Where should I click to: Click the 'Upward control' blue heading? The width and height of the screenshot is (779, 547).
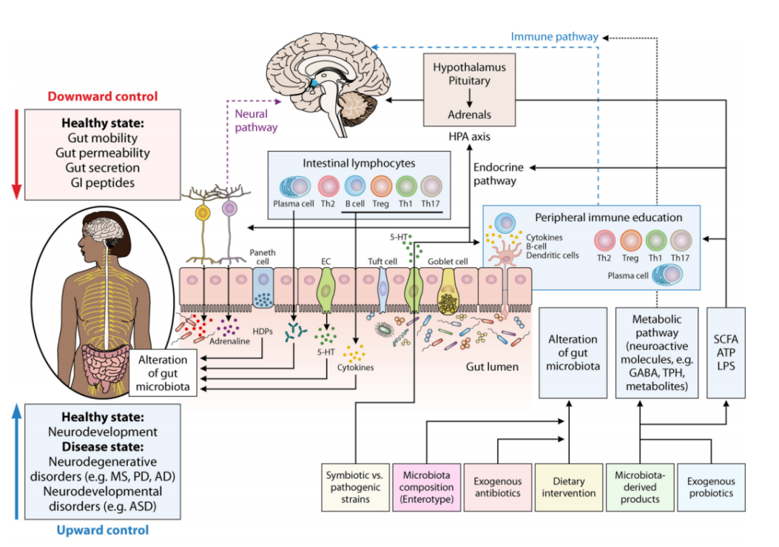click(x=102, y=530)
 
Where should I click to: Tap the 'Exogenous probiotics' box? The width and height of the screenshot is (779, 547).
click(x=710, y=487)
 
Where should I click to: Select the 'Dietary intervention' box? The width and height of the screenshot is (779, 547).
click(x=569, y=487)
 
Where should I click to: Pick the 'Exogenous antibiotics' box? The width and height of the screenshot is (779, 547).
click(x=498, y=487)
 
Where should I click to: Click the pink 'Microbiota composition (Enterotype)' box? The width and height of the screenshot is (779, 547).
click(x=428, y=487)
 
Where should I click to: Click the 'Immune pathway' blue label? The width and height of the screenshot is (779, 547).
click(x=554, y=36)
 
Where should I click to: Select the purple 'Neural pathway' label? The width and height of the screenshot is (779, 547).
click(x=252, y=121)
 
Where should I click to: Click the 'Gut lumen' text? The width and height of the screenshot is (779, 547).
click(x=492, y=367)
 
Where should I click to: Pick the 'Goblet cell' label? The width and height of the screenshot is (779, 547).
click(x=448, y=261)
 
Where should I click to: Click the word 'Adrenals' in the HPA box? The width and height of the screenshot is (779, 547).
click(x=470, y=114)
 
